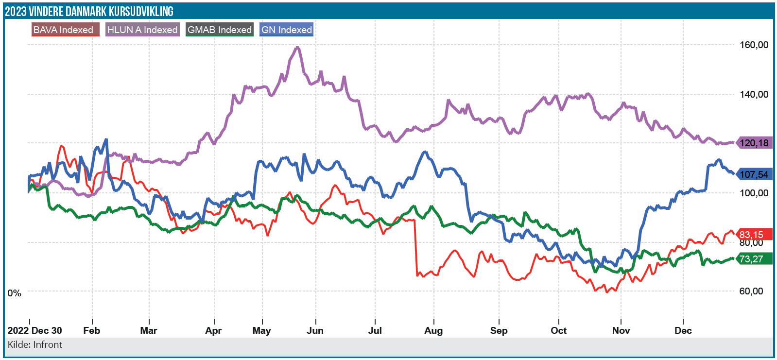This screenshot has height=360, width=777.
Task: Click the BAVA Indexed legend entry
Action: click(x=65, y=30)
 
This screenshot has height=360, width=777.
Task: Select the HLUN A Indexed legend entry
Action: click(x=142, y=30)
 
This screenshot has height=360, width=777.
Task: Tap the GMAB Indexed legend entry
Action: click(x=220, y=30)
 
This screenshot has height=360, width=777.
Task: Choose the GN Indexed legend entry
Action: click(x=287, y=30)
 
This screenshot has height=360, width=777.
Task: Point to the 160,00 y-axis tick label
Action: click(x=754, y=45)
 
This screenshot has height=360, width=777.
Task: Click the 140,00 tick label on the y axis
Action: click(x=754, y=94)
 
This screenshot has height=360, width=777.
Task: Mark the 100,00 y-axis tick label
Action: click(x=754, y=193)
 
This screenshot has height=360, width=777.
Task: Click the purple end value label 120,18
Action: click(x=754, y=143)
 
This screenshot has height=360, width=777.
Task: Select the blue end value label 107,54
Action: click(x=754, y=174)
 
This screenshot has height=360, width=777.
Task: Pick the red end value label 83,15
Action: click(x=752, y=235)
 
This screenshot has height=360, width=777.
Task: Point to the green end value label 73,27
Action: click(x=752, y=259)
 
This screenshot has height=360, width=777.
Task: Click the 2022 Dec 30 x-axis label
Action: click(x=35, y=331)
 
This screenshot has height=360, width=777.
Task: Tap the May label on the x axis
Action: click(x=261, y=331)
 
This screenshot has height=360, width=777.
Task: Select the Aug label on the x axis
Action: click(x=433, y=331)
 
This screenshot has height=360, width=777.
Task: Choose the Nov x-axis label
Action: click(x=621, y=331)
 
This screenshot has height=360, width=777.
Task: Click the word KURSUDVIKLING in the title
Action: click(x=141, y=11)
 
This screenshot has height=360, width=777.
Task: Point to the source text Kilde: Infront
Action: click(x=35, y=345)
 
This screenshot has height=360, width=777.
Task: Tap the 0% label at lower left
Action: click(x=15, y=293)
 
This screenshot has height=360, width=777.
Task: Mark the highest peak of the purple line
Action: click(x=297, y=47)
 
